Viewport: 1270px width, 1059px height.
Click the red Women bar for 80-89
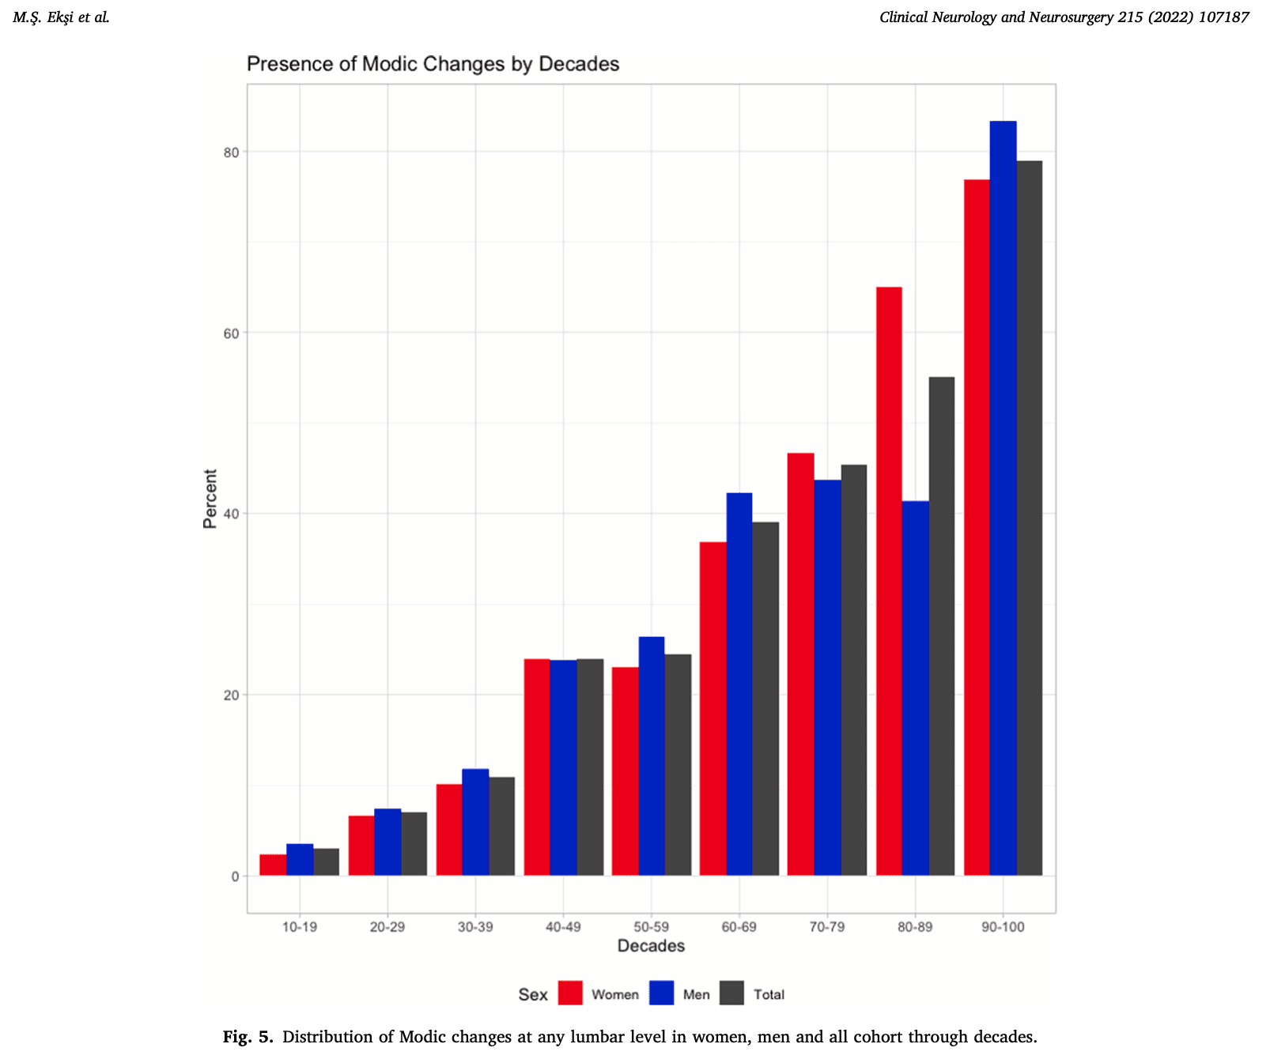pyautogui.click(x=889, y=581)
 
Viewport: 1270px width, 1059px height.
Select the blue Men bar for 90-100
pyautogui.click(x=1003, y=498)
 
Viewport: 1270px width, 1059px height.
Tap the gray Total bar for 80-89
pyautogui.click(x=942, y=626)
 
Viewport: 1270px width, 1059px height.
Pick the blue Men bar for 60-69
pyautogui.click(x=739, y=684)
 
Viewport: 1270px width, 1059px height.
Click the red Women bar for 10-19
pyautogui.click(x=273, y=865)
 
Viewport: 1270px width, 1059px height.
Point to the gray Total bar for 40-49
pyautogui.click(x=590, y=767)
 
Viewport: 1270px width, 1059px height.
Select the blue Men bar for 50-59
pyautogui.click(x=652, y=756)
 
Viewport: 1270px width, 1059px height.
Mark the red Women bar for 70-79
pyautogui.click(x=801, y=664)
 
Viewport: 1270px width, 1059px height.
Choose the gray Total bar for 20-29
pyautogui.click(x=414, y=844)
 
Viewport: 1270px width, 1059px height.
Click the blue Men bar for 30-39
pyautogui.click(x=475, y=822)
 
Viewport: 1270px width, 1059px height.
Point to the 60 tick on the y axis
pyautogui.click(x=231, y=333)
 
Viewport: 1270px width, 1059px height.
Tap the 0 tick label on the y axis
pyautogui.click(x=235, y=876)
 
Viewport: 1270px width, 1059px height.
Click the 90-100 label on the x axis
pyautogui.click(x=1003, y=926)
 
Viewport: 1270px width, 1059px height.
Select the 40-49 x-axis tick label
pyautogui.click(x=563, y=926)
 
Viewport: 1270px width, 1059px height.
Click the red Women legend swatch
pyautogui.click(x=570, y=993)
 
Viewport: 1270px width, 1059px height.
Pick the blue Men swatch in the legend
pyautogui.click(x=662, y=993)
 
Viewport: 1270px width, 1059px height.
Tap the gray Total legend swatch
pyautogui.click(x=733, y=993)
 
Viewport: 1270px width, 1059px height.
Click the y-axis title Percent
pyautogui.click(x=210, y=499)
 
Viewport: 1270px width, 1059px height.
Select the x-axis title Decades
pyautogui.click(x=651, y=946)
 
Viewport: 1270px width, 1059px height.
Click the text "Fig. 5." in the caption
pyautogui.click(x=248, y=1037)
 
